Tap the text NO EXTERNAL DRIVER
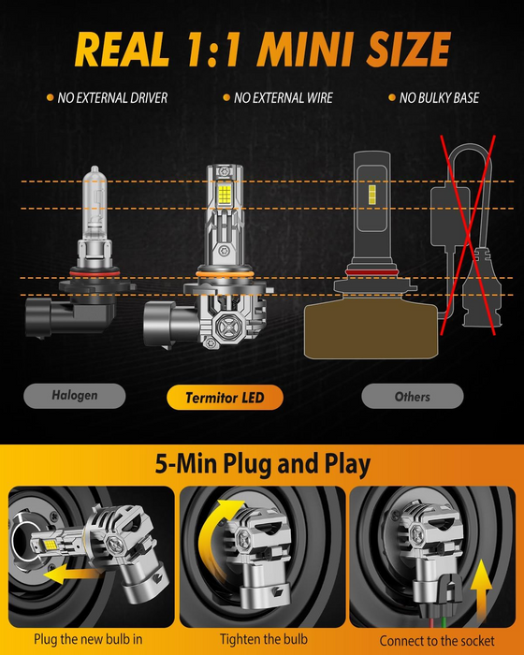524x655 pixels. [x=112, y=97]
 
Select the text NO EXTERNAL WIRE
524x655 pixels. [x=284, y=97]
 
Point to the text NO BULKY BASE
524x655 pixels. [x=439, y=97]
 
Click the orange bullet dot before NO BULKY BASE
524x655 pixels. [x=391, y=97]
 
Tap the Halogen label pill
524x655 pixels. [x=74, y=396]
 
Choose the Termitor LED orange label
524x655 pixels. [x=225, y=398]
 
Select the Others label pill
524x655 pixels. [x=413, y=396]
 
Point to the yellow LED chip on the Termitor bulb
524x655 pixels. [x=225, y=194]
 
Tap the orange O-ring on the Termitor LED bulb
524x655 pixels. [x=225, y=274]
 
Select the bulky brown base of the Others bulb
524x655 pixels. [x=371, y=330]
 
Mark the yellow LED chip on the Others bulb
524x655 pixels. [x=371, y=195]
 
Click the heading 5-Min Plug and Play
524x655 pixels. [x=263, y=464]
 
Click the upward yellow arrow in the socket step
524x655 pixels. [x=481, y=589]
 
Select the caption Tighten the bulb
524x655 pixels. [x=264, y=639]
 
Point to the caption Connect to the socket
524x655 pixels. [x=437, y=640]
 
